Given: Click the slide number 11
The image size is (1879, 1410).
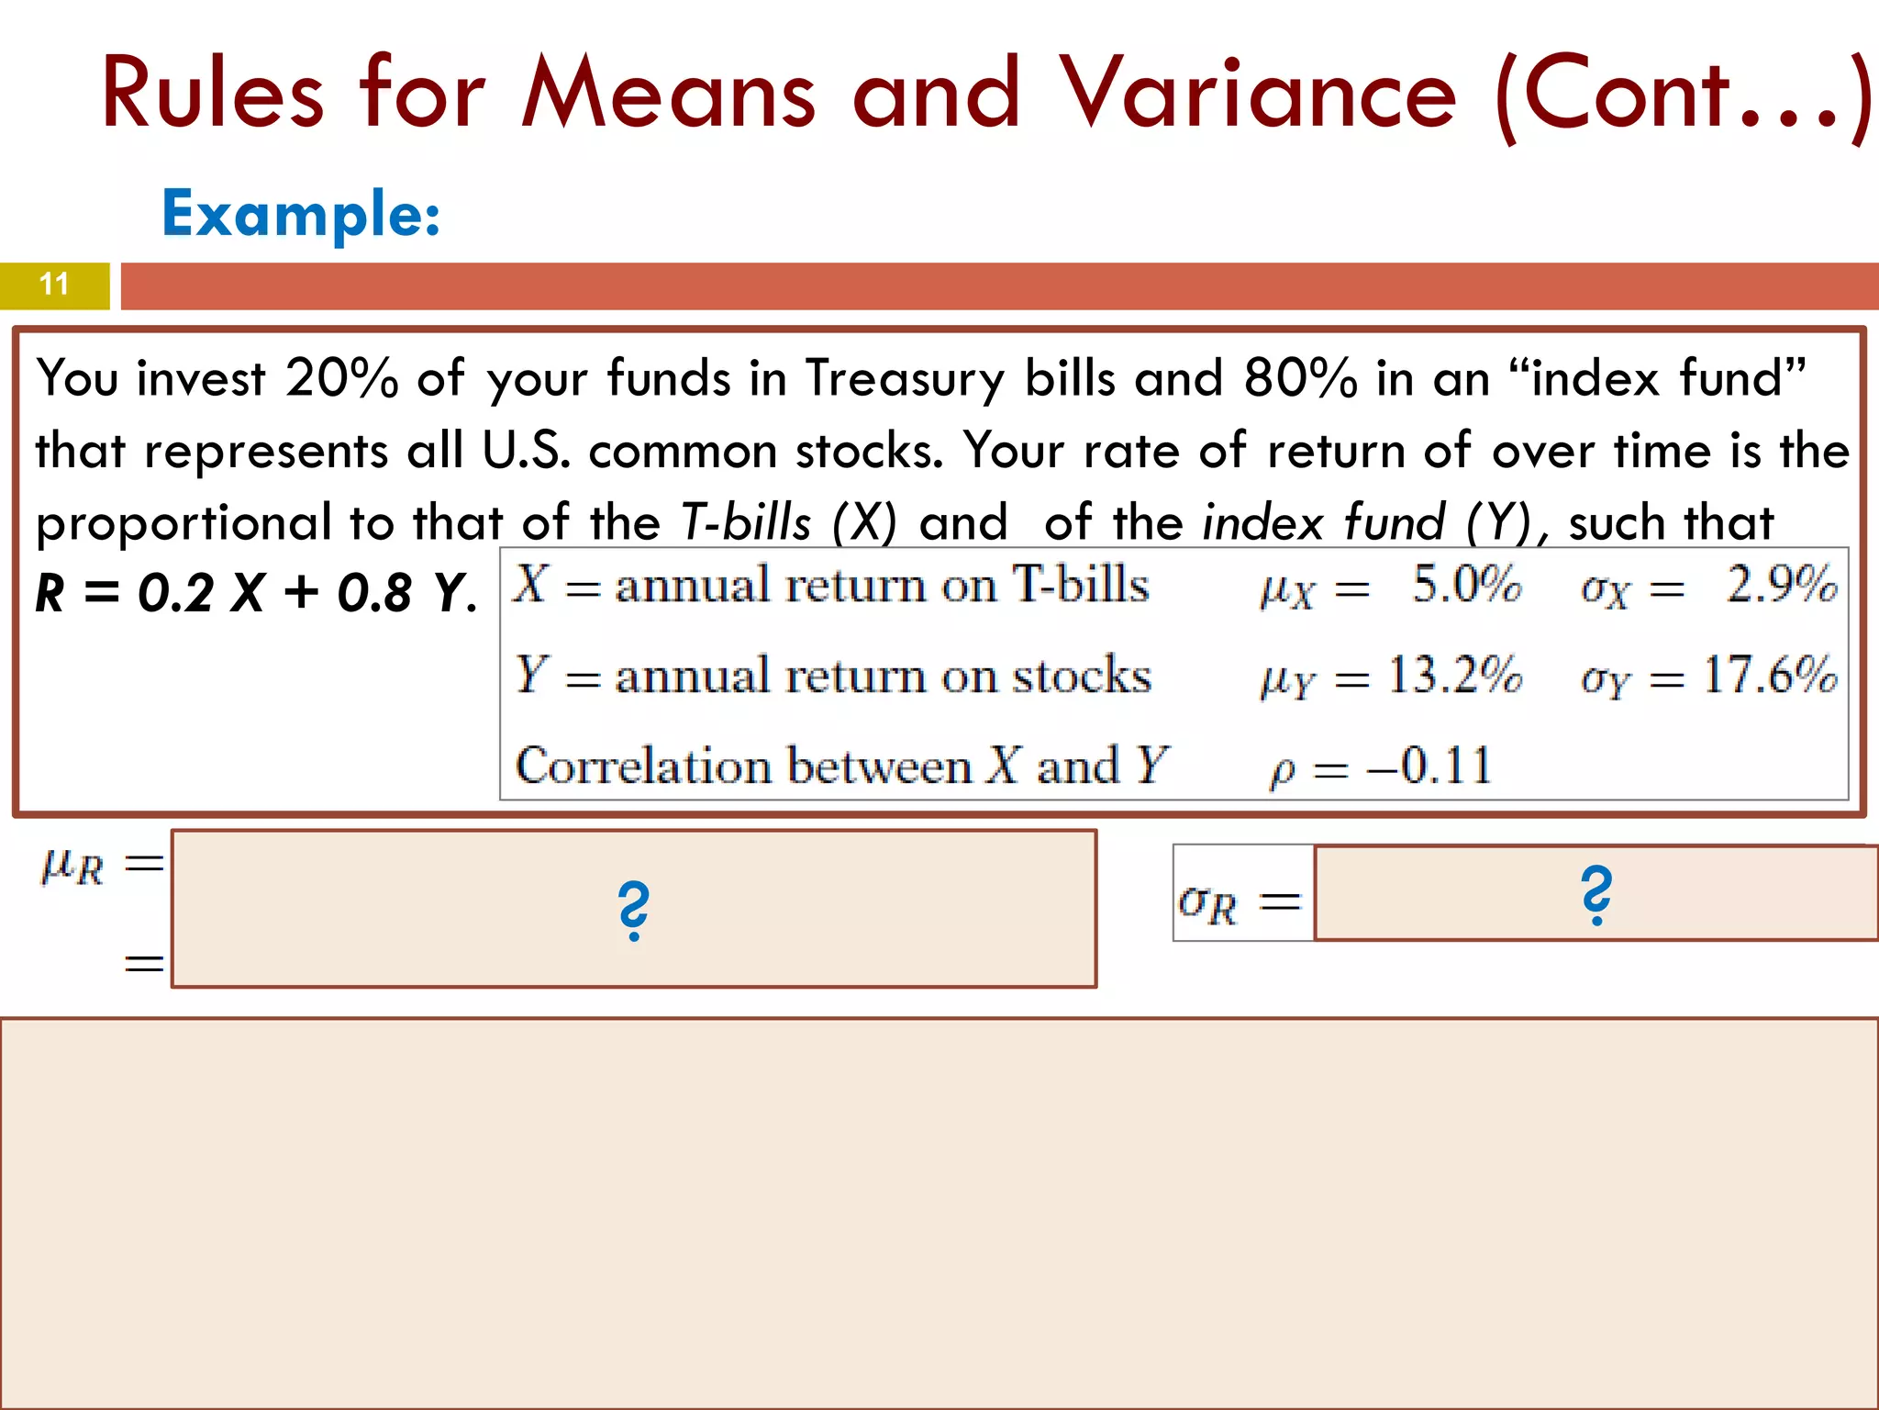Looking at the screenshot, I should (x=54, y=284).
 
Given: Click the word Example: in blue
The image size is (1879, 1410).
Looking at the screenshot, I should (x=301, y=214).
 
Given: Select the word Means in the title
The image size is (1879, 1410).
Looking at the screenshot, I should (x=668, y=93).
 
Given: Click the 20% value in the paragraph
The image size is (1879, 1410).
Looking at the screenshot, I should (x=341, y=378).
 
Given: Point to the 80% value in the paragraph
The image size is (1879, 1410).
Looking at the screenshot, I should (x=1300, y=378).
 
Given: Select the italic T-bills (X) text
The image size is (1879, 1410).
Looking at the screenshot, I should (x=788, y=522).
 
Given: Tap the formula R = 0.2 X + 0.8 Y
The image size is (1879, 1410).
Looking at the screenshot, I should (x=256, y=592).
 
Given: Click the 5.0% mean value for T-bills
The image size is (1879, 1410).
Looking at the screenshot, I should (x=1466, y=585).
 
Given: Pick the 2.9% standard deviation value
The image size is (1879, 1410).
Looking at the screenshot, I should (x=1781, y=585).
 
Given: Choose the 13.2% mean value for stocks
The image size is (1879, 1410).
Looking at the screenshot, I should (x=1454, y=676).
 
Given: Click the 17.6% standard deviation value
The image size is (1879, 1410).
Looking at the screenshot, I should (x=1770, y=676).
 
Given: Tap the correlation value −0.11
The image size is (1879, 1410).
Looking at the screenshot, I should (x=1429, y=766).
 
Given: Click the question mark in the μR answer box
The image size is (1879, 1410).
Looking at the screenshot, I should (x=633, y=910).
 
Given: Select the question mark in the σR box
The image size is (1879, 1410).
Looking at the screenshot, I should (x=1596, y=894).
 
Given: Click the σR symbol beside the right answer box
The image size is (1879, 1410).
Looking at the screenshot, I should (x=1208, y=902).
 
